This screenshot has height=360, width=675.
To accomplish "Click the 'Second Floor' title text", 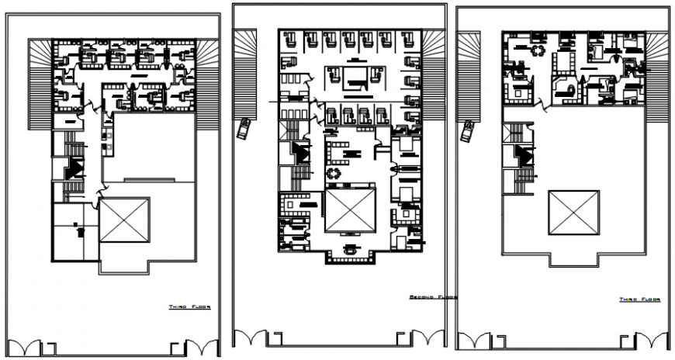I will coord(432,296).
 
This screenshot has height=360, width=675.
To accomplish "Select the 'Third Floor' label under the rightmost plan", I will coord(639,299).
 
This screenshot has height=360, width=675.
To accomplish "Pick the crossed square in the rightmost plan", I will coord(574,210).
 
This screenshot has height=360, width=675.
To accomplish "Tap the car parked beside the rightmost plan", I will coord(468,132).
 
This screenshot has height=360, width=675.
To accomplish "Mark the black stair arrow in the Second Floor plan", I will coord(297,151).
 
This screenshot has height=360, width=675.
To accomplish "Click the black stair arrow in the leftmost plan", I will coord(75,167).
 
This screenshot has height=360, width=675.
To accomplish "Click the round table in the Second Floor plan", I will coord(335,172).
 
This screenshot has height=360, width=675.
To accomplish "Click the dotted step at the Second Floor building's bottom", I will coord(353,260).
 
